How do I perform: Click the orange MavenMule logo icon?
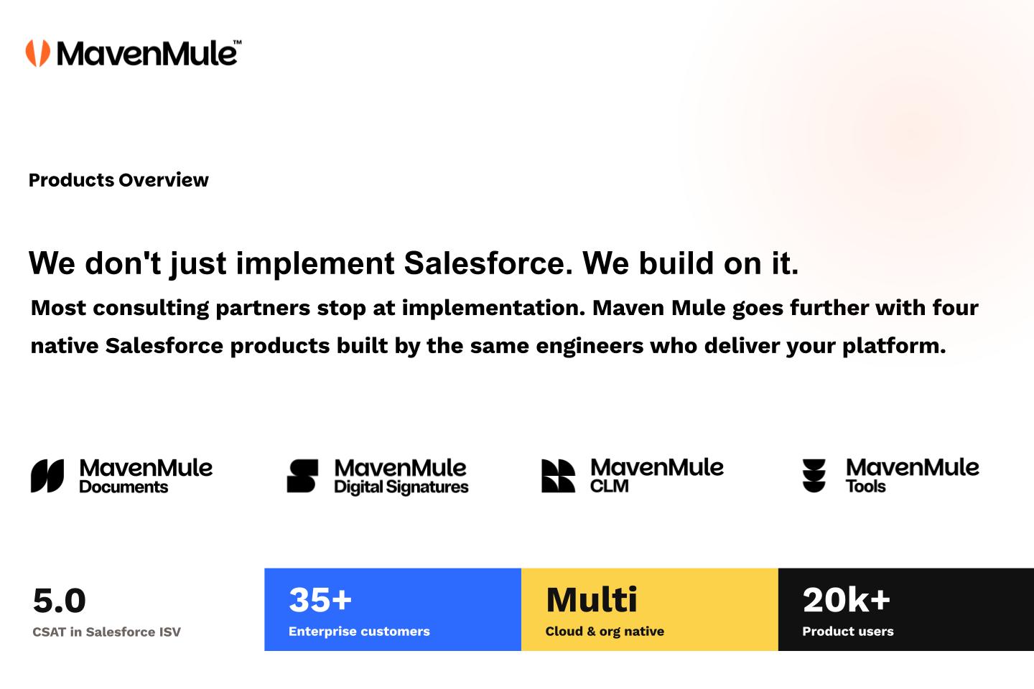38,53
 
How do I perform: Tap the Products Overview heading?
118,180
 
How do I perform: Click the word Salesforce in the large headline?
488,263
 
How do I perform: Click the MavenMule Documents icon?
47,476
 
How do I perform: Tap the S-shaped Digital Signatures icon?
302,476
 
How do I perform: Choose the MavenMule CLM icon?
558,476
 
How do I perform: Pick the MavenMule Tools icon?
814,476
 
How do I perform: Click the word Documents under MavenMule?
124,487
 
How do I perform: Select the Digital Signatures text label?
401,487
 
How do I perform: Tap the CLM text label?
610,486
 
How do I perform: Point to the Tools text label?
865,487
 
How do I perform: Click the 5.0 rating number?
59,601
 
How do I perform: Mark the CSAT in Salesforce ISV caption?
106,632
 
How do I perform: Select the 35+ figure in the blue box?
320,600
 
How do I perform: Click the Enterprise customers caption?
359,632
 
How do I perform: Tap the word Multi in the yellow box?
592,600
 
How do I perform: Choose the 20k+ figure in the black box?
846,600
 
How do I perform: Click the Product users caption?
848,632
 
